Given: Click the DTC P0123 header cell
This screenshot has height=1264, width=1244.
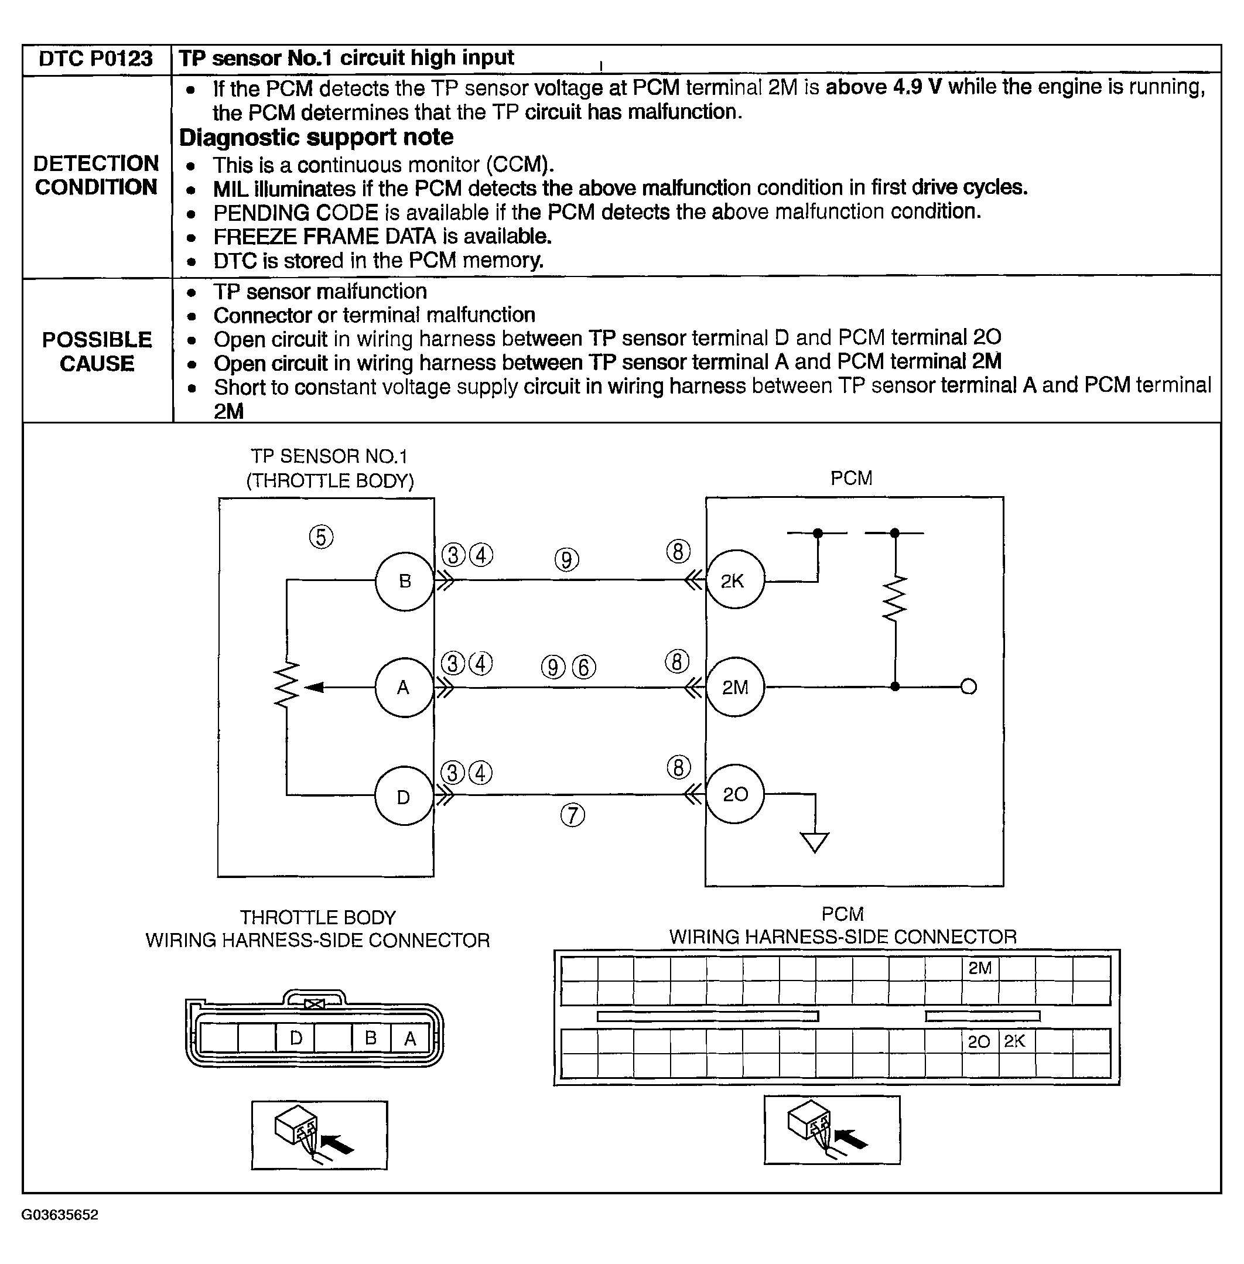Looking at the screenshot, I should [x=95, y=59].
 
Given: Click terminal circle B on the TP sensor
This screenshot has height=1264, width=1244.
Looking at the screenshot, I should [x=405, y=581].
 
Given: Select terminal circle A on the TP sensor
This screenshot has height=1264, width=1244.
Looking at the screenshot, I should [x=404, y=688].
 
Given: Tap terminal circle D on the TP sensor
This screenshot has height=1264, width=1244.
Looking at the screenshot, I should [x=404, y=796].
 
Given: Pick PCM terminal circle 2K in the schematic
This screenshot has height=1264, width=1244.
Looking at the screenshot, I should [x=734, y=580].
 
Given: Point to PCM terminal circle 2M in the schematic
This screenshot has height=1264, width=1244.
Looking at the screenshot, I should [x=735, y=688].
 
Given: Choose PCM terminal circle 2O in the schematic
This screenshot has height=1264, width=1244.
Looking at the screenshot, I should [x=735, y=794].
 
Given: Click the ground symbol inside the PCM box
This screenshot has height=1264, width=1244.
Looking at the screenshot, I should [x=815, y=842].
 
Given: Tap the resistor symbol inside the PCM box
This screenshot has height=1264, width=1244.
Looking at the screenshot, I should [x=895, y=598].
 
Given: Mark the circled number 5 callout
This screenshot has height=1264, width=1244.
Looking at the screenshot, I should [x=321, y=537].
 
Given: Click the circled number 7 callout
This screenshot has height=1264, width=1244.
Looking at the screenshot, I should [x=573, y=815].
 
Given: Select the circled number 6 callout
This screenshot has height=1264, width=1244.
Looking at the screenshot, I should [x=584, y=667].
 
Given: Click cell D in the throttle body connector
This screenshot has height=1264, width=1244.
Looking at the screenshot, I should [x=295, y=1038].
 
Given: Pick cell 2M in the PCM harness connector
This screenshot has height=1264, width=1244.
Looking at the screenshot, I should [x=979, y=969].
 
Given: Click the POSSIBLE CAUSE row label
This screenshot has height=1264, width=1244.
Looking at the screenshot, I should [x=97, y=351].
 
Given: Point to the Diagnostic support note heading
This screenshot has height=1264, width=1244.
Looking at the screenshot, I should [x=316, y=137].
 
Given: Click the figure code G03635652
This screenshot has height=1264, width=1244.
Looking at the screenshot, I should [x=60, y=1214].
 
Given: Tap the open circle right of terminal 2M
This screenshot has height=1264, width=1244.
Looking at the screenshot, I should [x=969, y=687].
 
